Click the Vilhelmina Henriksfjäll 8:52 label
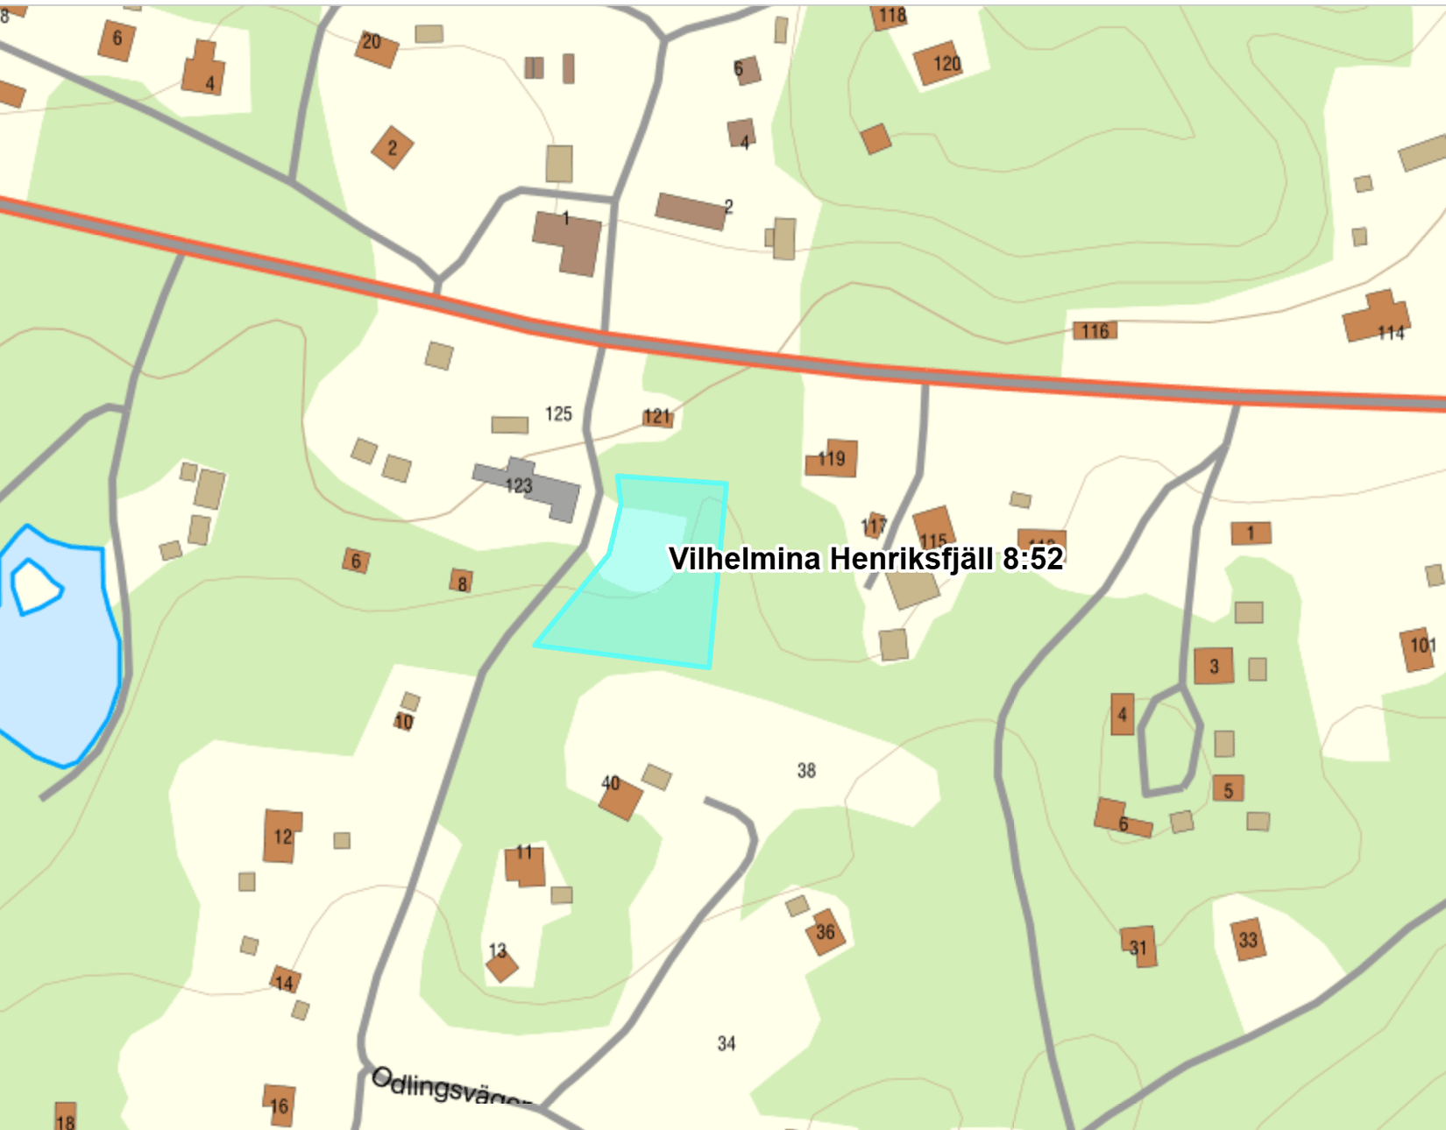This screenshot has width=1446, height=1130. (x=866, y=559)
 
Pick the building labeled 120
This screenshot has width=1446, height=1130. (x=938, y=63)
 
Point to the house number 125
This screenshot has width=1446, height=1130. (x=558, y=413)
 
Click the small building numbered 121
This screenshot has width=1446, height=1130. (x=657, y=416)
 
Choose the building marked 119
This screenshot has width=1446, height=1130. (x=832, y=458)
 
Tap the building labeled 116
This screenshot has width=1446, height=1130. (x=1095, y=331)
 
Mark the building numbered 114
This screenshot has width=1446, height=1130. (x=1376, y=319)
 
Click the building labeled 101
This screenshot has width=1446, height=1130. (x=1418, y=649)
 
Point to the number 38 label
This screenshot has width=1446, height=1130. (x=806, y=771)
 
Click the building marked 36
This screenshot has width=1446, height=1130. (x=826, y=932)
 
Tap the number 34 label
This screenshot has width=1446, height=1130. (x=727, y=1043)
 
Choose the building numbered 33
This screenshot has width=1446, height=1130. (x=1248, y=940)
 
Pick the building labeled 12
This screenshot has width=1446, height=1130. (x=281, y=836)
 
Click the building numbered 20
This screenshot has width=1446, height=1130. (x=376, y=46)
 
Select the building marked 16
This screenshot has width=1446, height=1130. (x=279, y=1105)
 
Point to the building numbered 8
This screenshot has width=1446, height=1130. (x=462, y=582)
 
